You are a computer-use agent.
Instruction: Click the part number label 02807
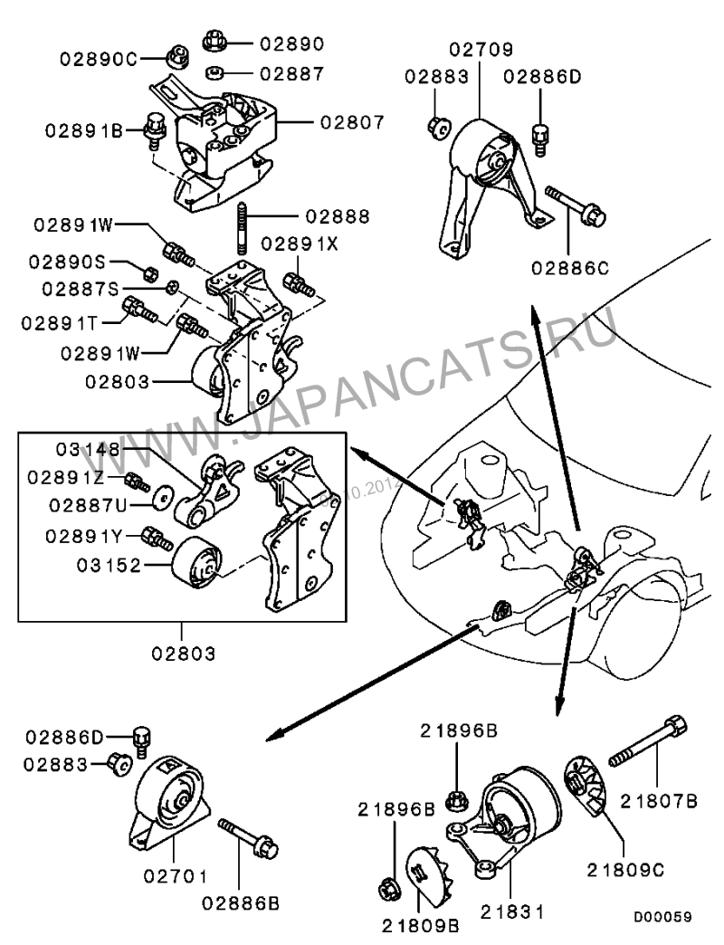[x=351, y=119]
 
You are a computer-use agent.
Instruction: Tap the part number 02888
[x=337, y=216]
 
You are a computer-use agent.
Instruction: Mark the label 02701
[x=174, y=875]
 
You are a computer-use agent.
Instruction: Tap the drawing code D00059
[x=662, y=917]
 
